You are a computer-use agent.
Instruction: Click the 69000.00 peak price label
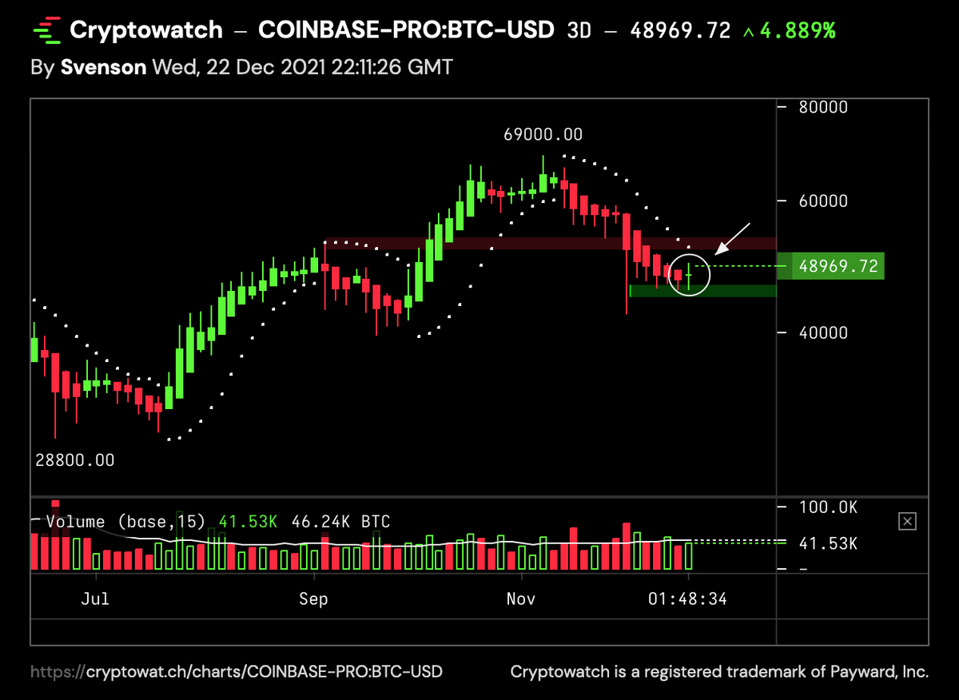543,134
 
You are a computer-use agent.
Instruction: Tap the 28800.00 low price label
74,460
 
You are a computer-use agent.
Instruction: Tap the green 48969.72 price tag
838,266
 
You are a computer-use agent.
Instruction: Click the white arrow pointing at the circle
733,238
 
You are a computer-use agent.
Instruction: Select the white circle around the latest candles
689,275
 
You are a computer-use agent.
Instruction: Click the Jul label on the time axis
95,599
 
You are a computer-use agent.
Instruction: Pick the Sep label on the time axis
312,599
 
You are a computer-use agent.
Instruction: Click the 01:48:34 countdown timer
687,599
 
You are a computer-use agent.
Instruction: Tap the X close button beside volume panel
907,522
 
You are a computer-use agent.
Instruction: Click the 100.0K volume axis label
828,507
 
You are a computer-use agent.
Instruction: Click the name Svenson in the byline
103,66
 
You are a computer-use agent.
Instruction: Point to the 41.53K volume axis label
828,543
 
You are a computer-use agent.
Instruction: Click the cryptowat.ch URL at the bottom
237,672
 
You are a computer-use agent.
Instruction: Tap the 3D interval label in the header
579,31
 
